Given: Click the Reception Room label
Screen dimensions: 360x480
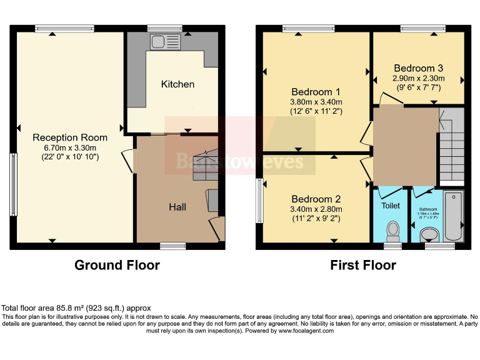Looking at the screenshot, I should [70, 137].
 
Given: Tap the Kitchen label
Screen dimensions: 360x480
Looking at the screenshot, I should [177, 84].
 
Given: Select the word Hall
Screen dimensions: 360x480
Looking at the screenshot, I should [177, 206].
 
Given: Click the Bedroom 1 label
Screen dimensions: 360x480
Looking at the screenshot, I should [316, 90].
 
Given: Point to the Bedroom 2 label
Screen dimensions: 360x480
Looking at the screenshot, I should [315, 190].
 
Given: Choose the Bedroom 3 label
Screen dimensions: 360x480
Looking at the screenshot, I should [419, 68].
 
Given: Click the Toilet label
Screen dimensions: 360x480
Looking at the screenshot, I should [391, 205].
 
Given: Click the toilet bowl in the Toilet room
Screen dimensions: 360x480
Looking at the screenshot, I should [392, 231].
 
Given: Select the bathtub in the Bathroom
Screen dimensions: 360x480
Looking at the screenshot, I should [452, 216].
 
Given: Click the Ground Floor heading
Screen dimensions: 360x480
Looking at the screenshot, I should [117, 265].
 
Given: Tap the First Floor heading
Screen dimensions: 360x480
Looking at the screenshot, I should [363, 265].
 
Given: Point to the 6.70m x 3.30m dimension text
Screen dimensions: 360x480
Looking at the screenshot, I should [70, 147].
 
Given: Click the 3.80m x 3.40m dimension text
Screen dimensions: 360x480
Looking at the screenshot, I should [316, 102].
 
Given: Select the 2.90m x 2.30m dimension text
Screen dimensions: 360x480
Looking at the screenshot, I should [419, 79].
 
